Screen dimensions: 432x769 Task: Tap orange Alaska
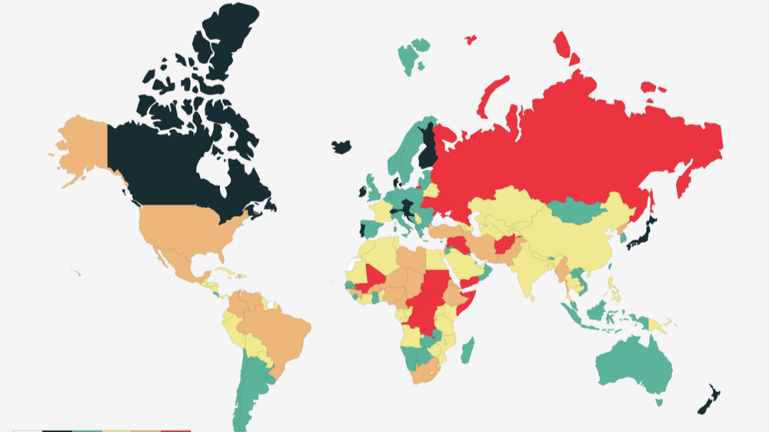pyautogui.click(x=81, y=142)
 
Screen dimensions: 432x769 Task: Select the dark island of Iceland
pyautogui.click(x=342, y=146)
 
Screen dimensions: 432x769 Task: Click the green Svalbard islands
pyautogui.click(x=411, y=55)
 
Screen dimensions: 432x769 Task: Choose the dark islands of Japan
pyautogui.click(x=642, y=234)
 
